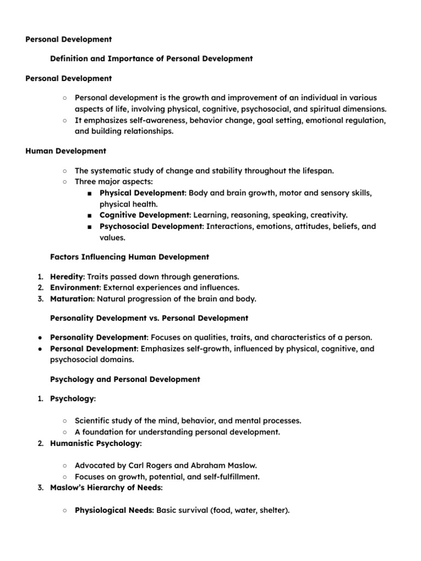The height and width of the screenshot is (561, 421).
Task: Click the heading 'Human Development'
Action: pyautogui.click(x=66, y=151)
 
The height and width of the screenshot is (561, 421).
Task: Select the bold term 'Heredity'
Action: pyautogui.click(x=67, y=277)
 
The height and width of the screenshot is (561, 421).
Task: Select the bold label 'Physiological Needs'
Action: pyautogui.click(x=114, y=511)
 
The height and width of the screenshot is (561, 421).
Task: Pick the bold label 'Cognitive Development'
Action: pyautogui.click(x=144, y=215)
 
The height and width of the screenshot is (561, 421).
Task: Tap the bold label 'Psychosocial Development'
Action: pyautogui.click(x=151, y=226)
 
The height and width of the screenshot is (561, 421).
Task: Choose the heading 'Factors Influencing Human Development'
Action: pyautogui.click(x=129, y=256)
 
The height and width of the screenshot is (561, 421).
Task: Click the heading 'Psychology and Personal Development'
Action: pyautogui.click(x=125, y=379)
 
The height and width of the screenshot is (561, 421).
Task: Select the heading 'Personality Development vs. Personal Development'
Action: pyautogui.click(x=149, y=318)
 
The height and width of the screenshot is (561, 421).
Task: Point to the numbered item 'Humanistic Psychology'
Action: pyautogui.click(x=95, y=443)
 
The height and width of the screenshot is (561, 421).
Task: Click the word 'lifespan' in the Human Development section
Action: pyautogui.click(x=316, y=171)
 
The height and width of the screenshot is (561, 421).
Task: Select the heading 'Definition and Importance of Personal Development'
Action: pyautogui.click(x=151, y=59)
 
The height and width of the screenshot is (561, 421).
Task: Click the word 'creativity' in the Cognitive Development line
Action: pyautogui.click(x=327, y=215)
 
